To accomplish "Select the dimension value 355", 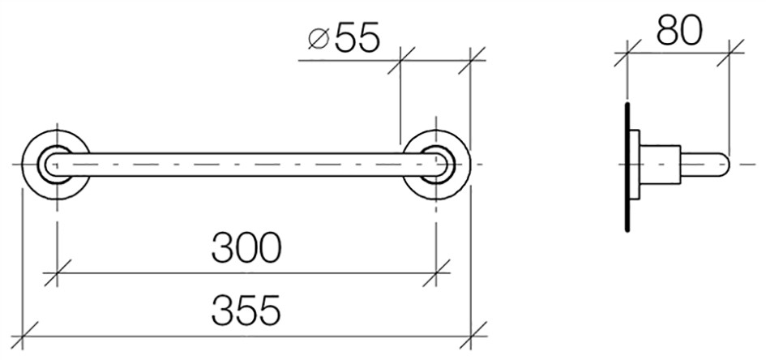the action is pyautogui.click(x=246, y=311).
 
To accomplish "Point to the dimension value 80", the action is pyautogui.click(x=679, y=30).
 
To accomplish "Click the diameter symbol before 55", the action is pyautogui.click(x=319, y=39).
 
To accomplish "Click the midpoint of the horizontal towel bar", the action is pyautogui.click(x=246, y=164).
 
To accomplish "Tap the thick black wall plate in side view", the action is pyautogui.click(x=627, y=167).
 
